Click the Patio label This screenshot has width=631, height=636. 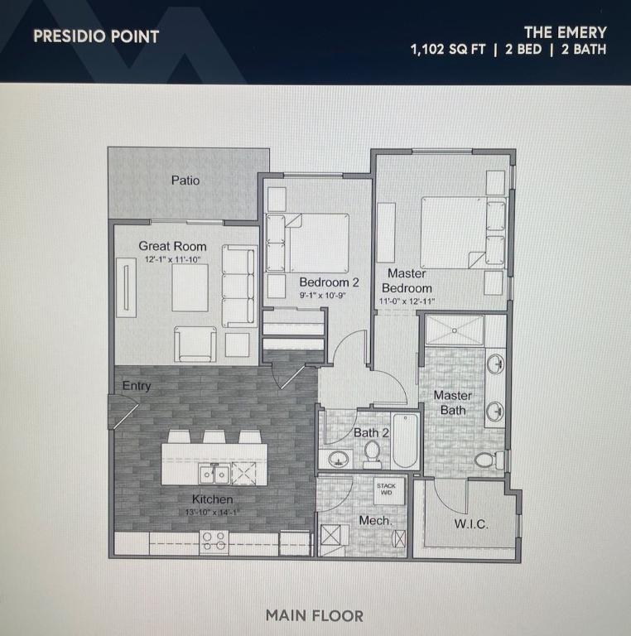[x=185, y=180]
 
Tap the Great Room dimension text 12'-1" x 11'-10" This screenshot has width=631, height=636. [x=173, y=259]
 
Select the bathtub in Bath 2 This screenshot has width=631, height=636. [x=405, y=441]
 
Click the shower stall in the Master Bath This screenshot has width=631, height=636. [x=455, y=330]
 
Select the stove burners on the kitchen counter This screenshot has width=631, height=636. [x=214, y=542]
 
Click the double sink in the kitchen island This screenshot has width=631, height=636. [x=214, y=474]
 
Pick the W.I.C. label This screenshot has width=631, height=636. [x=471, y=524]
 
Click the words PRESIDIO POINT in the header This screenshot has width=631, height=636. [x=96, y=36]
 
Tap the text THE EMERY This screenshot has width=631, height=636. [x=566, y=32]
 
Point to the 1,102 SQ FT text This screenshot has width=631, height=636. [x=448, y=50]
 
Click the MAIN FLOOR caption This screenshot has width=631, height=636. [x=315, y=616]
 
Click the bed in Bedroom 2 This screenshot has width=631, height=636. [x=307, y=243]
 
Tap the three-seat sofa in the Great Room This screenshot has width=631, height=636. [x=238, y=286]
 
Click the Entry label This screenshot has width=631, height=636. [x=137, y=386]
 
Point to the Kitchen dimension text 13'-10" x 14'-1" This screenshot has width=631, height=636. [x=212, y=513]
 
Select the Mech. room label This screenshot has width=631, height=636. [x=375, y=520]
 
